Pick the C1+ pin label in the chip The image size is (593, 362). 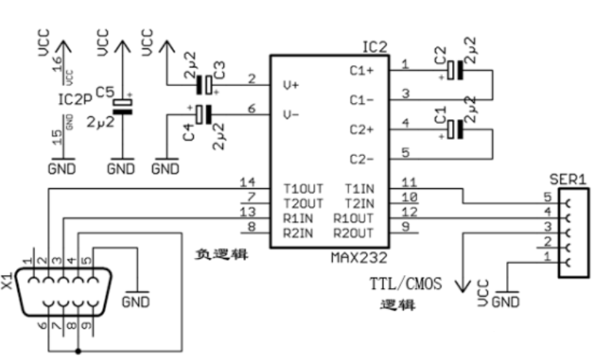pyautogui.click(x=361, y=70)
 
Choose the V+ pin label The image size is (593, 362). pyautogui.click(x=291, y=84)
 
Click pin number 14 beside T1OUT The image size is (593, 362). pyautogui.click(x=247, y=181)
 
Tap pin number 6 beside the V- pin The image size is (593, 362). pyautogui.click(x=251, y=109)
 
